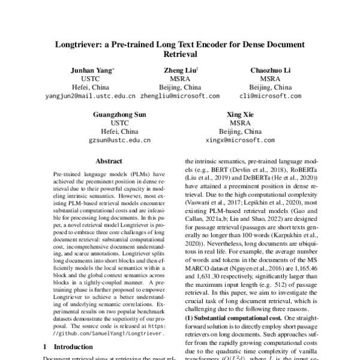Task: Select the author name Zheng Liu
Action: tap(179, 70)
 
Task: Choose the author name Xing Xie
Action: tap(240, 114)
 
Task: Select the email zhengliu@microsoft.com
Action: tap(179, 96)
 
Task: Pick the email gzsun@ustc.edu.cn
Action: tap(120, 140)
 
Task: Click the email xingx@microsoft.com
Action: tap(240, 140)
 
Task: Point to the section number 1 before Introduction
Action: tap(47, 347)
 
